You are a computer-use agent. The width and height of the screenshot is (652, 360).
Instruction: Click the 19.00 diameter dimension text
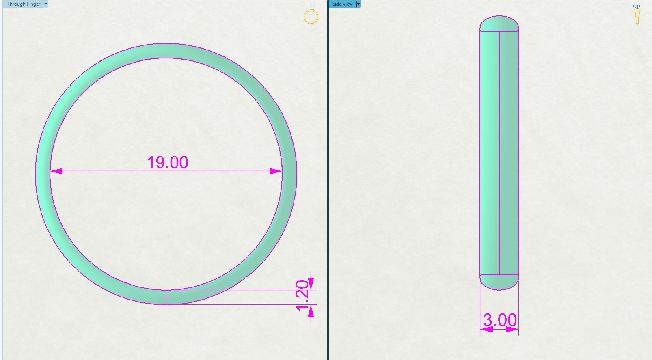167,162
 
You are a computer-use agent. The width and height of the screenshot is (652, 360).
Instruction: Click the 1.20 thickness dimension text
302,295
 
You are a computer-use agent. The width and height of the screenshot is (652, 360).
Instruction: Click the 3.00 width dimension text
499,320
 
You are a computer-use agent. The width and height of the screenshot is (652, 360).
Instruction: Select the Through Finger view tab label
24,4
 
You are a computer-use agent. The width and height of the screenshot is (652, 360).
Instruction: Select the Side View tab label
342,4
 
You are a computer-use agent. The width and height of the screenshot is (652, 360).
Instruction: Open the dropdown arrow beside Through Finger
46,4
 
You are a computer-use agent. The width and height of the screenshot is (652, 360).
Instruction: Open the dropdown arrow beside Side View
358,4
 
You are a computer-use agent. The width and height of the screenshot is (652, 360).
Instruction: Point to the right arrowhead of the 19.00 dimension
276,171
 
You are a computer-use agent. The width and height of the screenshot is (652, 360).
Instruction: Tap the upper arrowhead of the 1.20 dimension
311,283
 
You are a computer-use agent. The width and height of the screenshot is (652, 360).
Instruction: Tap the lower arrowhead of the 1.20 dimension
311,311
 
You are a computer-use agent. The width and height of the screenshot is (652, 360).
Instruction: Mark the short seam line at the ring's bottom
166,297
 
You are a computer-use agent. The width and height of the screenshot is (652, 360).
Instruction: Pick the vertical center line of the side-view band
499,154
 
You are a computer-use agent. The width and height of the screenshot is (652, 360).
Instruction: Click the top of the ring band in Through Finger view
166,51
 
